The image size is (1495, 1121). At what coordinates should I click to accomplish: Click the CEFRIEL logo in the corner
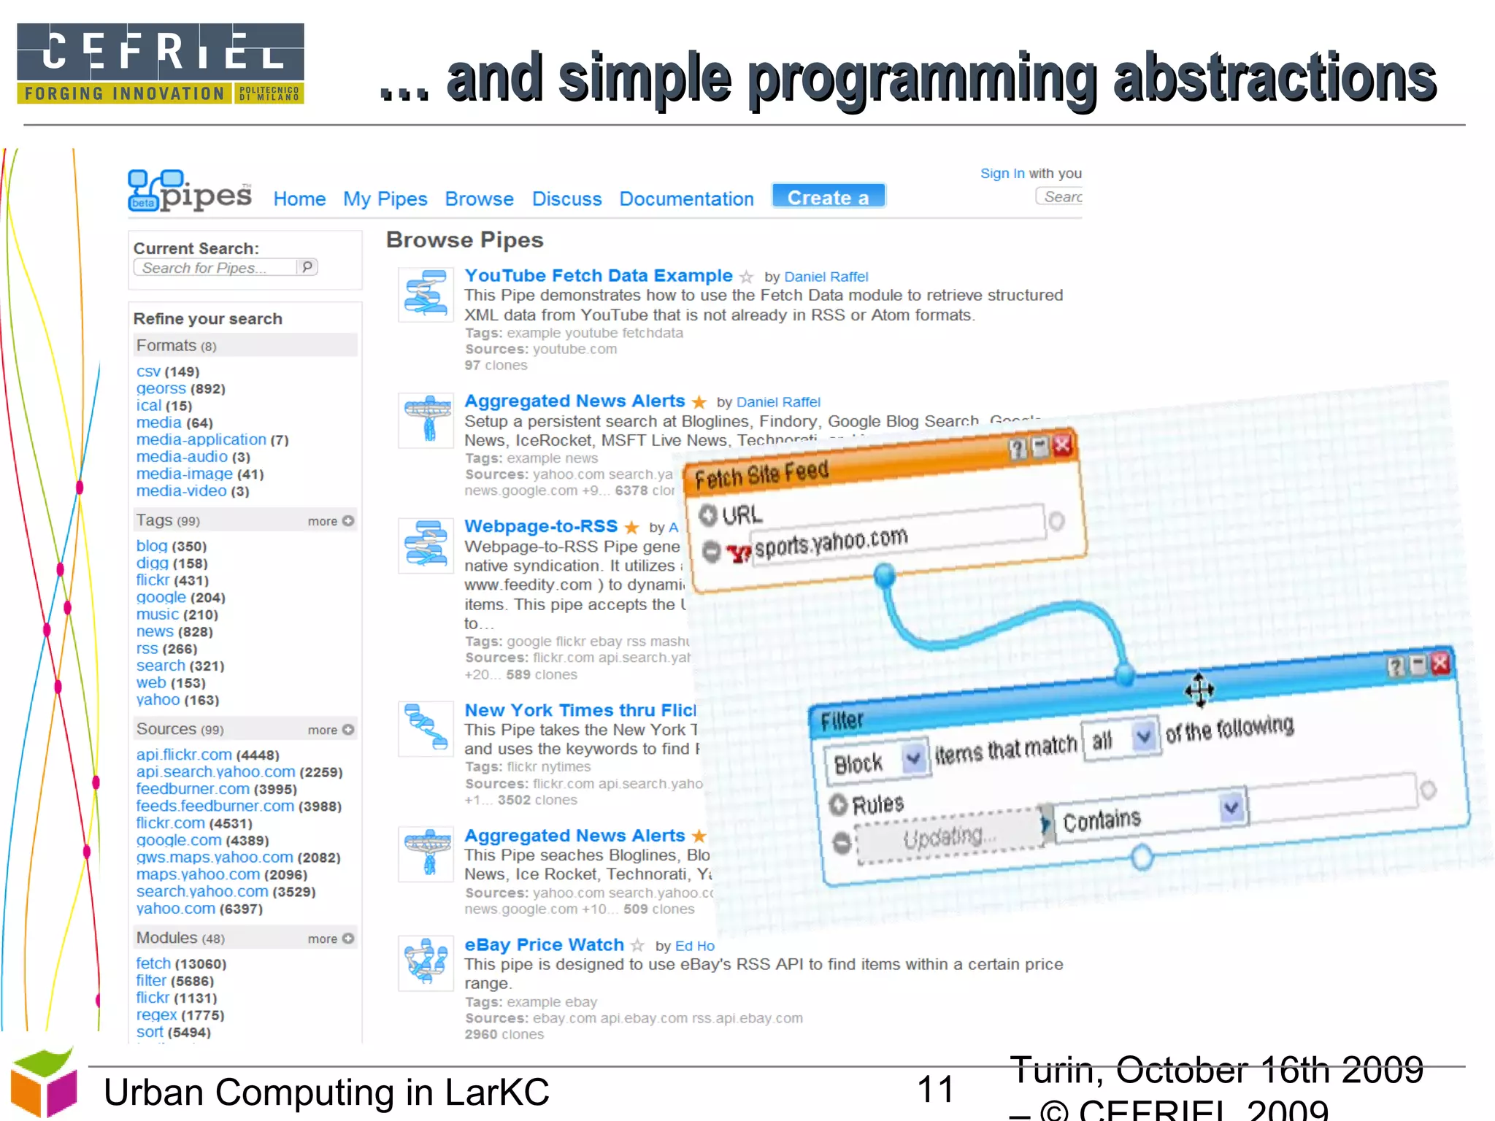point(161,63)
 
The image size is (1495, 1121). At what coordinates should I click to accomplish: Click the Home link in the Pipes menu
point(299,199)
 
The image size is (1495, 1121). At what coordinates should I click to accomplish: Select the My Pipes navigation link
point(385,199)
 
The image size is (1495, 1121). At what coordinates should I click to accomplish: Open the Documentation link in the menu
point(686,199)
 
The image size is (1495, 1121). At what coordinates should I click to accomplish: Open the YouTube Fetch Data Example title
point(598,276)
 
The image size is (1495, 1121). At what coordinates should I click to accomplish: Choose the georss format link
point(161,389)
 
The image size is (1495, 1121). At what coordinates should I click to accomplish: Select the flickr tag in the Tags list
point(153,580)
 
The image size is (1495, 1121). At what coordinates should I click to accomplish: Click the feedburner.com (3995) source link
point(193,789)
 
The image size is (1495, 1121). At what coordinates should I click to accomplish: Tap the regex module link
point(156,1015)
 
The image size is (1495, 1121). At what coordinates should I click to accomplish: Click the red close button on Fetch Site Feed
point(1062,445)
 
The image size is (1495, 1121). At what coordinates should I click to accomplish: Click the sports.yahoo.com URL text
point(831,543)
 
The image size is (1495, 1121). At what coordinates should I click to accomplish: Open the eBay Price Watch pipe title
point(544,945)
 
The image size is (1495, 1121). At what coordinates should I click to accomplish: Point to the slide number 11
point(935,1090)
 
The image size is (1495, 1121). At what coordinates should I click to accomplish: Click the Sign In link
point(1002,174)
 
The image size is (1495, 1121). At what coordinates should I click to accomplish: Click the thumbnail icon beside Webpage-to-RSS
point(426,544)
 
